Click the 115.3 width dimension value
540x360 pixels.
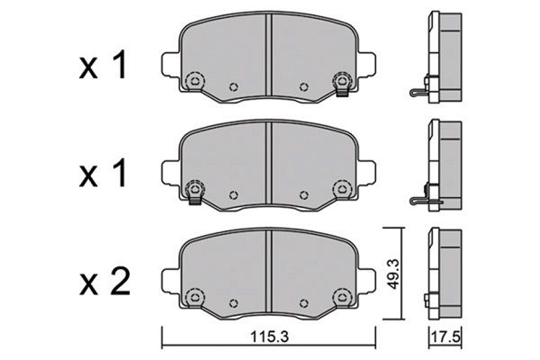click(269, 337)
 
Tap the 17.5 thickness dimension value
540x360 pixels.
click(445, 337)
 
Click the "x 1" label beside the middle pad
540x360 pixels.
click(103, 175)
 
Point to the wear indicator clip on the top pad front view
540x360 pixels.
click(343, 91)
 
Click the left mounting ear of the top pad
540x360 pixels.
click(170, 65)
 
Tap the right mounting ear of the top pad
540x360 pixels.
click(366, 65)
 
